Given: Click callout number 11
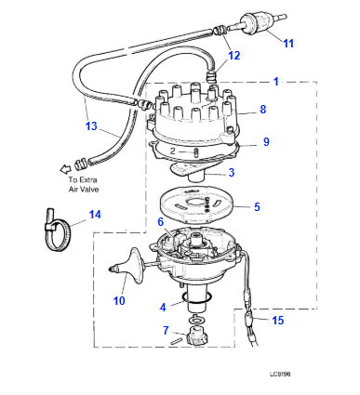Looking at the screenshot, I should click(x=288, y=44).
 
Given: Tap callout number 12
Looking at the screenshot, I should click(x=234, y=57).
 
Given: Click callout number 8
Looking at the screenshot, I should click(x=263, y=110).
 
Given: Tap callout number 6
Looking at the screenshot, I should click(x=160, y=221).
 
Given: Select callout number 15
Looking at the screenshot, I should click(x=276, y=321).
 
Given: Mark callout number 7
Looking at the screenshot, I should click(x=166, y=329).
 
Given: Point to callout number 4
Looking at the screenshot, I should click(x=164, y=306).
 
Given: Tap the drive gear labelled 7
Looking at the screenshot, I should click(x=195, y=337).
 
